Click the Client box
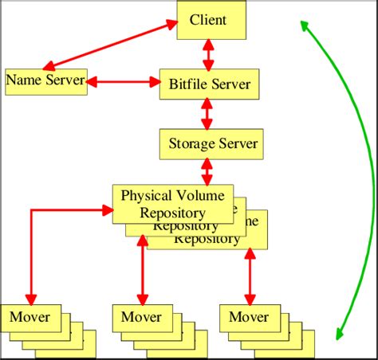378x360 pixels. [209, 20]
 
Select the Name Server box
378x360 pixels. [45, 80]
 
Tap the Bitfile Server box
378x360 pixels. [210, 84]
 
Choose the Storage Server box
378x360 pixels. [212, 144]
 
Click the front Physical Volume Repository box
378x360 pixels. [173, 203]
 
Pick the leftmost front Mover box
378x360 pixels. [30, 318]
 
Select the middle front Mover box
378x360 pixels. [141, 318]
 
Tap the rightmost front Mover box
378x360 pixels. [249, 318]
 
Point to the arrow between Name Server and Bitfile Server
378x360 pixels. [124, 81]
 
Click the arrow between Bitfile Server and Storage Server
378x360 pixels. [209, 114]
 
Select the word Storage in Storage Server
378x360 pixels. [189, 144]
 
